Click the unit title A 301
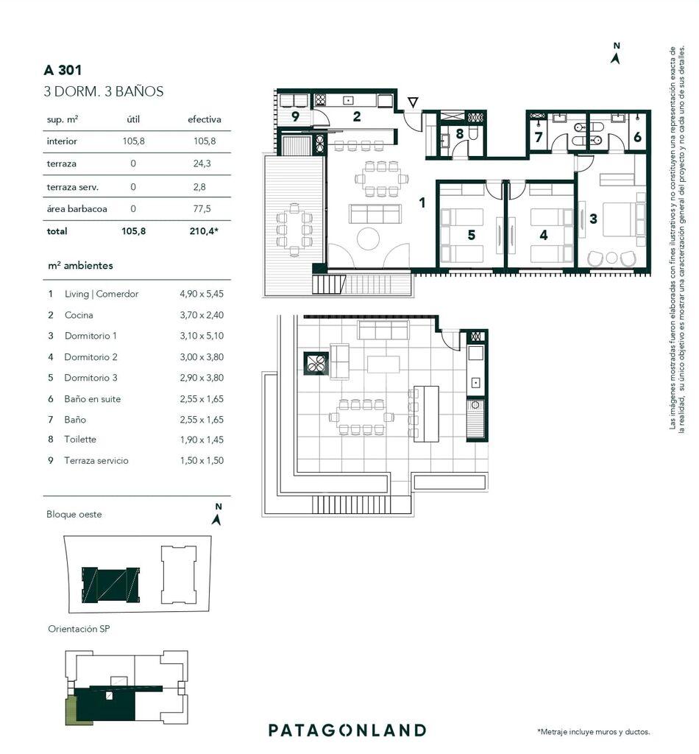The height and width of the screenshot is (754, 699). (x=63, y=70)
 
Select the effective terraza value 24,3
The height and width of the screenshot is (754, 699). (x=202, y=163)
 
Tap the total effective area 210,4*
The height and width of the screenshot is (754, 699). (x=204, y=230)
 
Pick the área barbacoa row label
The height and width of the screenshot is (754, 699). (x=77, y=208)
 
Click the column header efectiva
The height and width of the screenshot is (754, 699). (x=204, y=119)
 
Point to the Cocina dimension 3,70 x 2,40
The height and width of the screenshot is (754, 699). (x=202, y=315)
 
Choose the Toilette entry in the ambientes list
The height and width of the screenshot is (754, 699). (x=80, y=439)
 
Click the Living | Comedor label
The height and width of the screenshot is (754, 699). (x=102, y=294)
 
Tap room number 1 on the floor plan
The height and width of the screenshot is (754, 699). (x=422, y=202)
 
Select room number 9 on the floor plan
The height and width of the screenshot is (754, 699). (x=295, y=116)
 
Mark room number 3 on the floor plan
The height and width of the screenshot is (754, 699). (x=593, y=219)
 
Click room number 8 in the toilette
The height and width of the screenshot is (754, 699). (x=460, y=134)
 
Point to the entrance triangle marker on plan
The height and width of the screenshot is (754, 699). (x=413, y=102)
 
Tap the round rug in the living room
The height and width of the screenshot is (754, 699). (x=369, y=238)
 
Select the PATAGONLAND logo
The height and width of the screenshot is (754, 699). (x=347, y=730)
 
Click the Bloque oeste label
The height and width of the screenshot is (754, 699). (x=74, y=514)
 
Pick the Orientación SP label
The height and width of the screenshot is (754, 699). (x=79, y=629)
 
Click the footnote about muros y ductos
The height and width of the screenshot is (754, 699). (x=593, y=732)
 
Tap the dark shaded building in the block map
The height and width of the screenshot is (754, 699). (x=110, y=585)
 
